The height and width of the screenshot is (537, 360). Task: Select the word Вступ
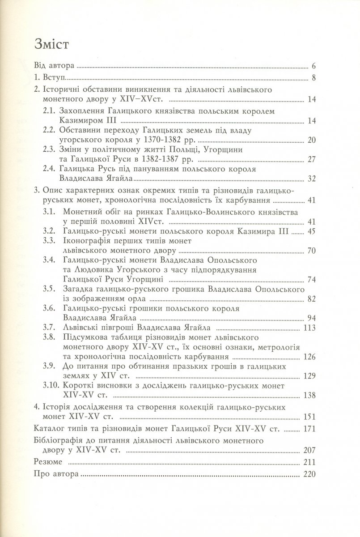click(x=54, y=78)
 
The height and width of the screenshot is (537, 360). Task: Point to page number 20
click(x=312, y=141)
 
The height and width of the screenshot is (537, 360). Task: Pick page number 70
click(x=312, y=250)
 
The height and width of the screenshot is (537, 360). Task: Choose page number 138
click(x=310, y=396)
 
